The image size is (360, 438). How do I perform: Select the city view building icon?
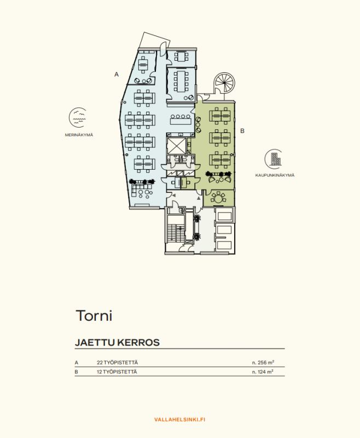[x=274, y=159]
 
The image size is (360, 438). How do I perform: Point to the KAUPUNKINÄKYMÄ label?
[x=274, y=175]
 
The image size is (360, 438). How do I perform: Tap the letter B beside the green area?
[x=242, y=131]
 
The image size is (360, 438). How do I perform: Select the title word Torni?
[x=94, y=316]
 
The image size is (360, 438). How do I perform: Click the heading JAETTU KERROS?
[x=117, y=343]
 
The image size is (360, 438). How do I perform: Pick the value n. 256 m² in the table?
[x=262, y=362]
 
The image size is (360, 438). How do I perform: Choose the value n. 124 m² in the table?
[x=262, y=372]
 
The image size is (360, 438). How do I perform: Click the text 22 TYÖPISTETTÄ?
[x=117, y=362]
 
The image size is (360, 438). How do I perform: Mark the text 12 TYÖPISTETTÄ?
[x=117, y=372]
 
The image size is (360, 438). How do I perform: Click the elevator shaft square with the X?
[x=177, y=146]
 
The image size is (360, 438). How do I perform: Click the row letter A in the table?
[x=77, y=362]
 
